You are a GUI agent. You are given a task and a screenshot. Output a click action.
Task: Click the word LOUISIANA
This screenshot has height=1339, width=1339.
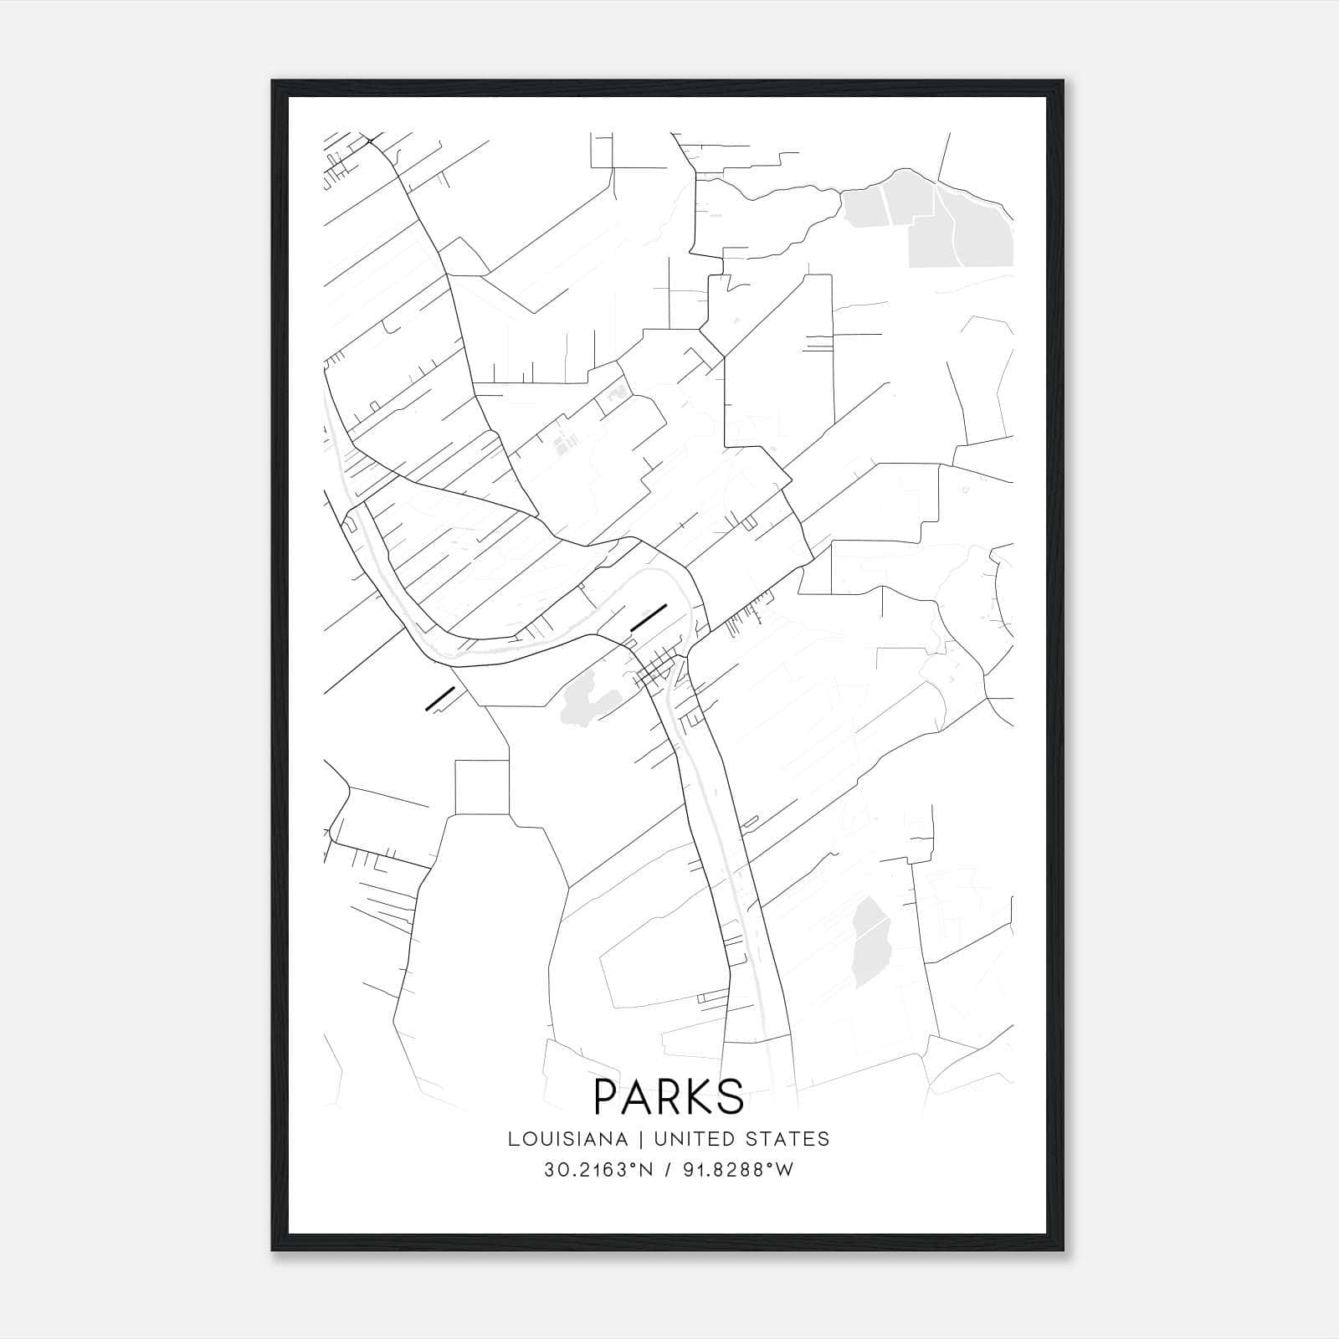pyautogui.click(x=567, y=1138)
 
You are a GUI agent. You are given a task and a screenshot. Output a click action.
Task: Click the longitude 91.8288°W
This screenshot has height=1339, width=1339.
pyautogui.click(x=736, y=1170)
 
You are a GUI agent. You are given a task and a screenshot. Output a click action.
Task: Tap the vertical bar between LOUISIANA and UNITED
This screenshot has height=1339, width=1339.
pyautogui.click(x=642, y=1138)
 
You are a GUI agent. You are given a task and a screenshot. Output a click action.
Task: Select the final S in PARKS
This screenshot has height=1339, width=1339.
pyautogui.click(x=730, y=1096)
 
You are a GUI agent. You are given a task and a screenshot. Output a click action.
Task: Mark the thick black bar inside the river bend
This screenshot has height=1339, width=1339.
pyautogui.click(x=649, y=616)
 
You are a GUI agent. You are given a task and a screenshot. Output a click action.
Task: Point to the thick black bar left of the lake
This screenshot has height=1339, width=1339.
pyautogui.click(x=440, y=699)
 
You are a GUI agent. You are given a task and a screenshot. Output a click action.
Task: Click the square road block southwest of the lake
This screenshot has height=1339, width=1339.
pyautogui.click(x=482, y=787)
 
